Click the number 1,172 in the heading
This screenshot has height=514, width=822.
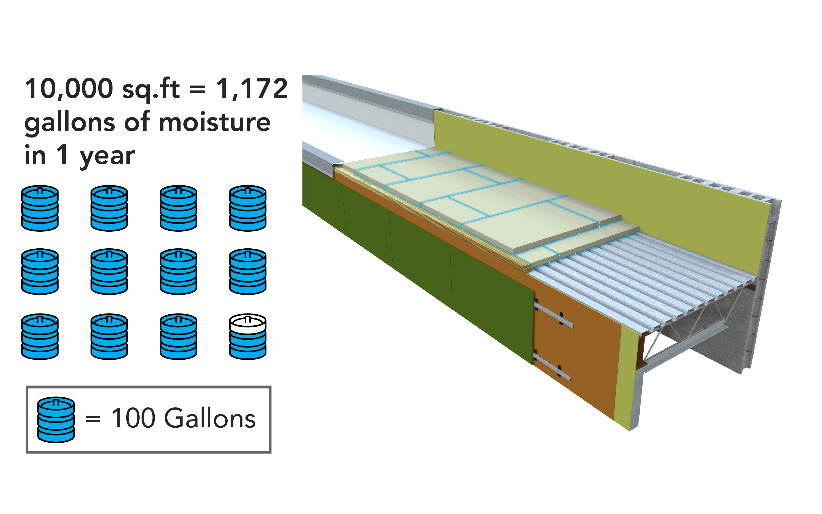252,89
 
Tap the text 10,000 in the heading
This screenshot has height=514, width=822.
69,89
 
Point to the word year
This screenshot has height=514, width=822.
107,156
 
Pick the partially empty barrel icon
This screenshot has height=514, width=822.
248,336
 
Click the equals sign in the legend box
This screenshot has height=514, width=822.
93,419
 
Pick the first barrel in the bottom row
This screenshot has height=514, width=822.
40,336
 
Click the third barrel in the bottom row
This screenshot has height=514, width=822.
178,336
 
